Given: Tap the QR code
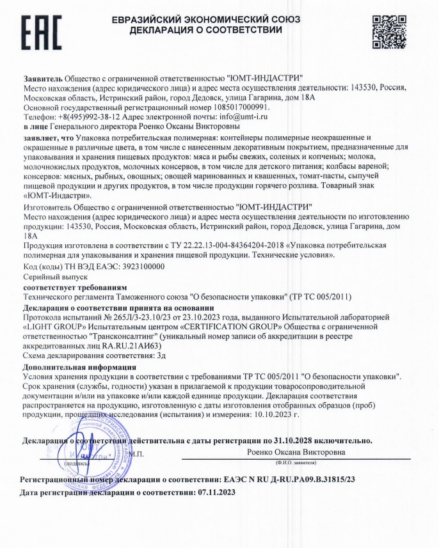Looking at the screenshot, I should click(x=388, y=29).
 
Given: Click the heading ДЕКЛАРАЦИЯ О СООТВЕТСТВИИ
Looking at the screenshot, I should click(x=205, y=30).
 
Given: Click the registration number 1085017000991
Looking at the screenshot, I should click(x=219, y=108).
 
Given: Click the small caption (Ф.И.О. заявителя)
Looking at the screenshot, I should click(x=296, y=462).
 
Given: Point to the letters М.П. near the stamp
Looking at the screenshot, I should click(x=136, y=453).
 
